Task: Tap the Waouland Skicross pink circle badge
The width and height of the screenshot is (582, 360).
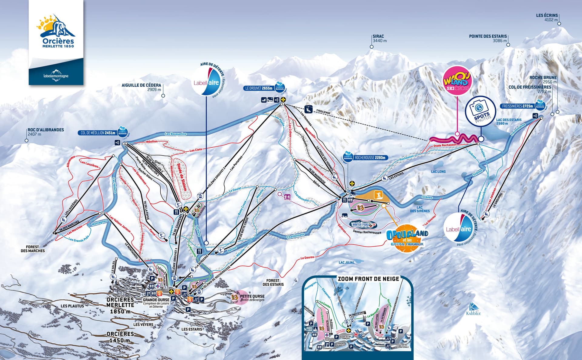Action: coord(458,81)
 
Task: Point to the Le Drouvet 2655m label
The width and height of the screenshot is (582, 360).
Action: coord(259,88)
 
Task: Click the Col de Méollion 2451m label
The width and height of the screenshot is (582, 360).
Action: coord(98,133)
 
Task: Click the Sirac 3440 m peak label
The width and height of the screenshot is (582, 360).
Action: coord(380,39)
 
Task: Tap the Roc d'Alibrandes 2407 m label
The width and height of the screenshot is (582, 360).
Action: coord(45,132)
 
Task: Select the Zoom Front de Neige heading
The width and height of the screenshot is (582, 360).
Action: coord(368,279)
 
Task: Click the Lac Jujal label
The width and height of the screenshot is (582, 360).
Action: coord(346,262)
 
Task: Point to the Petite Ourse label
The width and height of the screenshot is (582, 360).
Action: coord(252,296)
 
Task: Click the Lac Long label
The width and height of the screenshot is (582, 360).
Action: coord(438,172)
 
